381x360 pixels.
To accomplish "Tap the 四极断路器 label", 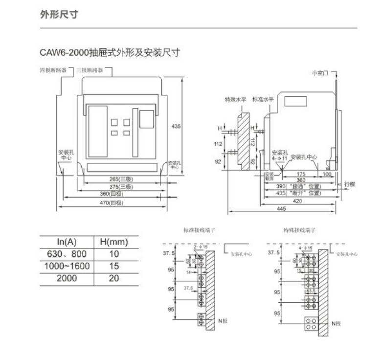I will click(54, 70).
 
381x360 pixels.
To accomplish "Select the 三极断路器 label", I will click(90, 70).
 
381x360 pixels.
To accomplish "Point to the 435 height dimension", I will click(176, 126).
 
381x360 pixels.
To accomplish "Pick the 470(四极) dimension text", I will click(112, 202).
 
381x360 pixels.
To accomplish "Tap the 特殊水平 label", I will click(235, 99).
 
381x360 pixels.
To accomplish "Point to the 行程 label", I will click(349, 184).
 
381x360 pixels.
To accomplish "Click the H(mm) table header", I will click(113, 241).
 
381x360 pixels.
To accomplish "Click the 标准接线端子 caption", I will click(200, 230).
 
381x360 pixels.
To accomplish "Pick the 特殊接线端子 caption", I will click(300, 230).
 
